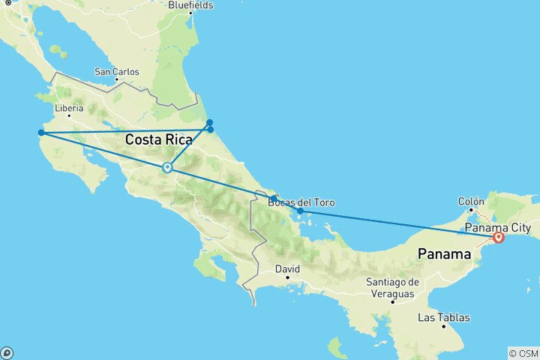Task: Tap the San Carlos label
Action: pos(116,72)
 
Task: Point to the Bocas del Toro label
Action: pos(300,202)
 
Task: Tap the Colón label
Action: pos(470,201)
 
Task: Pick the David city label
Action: pos(287,268)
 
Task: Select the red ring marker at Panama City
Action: pos(498,238)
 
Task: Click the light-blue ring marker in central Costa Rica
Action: pos(167,168)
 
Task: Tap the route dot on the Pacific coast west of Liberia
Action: pos(41,133)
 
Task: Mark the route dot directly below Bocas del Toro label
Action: pos(300,211)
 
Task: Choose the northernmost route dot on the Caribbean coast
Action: pos(210,122)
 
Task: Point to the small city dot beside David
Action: pos(287,277)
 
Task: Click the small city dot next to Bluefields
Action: pos(190,13)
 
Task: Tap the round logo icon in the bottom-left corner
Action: pos(7,352)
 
